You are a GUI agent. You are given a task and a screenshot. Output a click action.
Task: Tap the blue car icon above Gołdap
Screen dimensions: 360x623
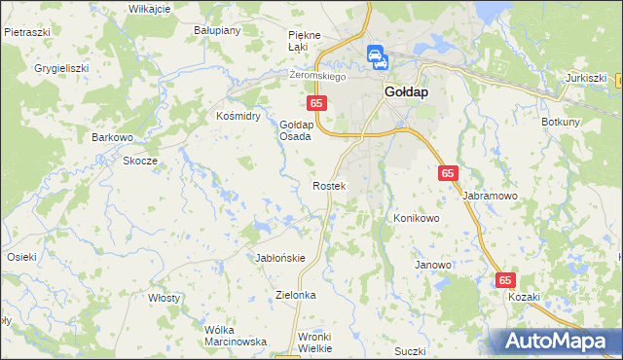tap(377, 57)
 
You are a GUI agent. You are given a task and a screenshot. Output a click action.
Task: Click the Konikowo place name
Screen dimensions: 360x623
tap(417, 219)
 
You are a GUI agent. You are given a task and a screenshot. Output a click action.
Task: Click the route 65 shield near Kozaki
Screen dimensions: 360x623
tap(505, 279)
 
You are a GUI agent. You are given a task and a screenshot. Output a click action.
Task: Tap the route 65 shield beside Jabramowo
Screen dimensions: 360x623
tap(448, 172)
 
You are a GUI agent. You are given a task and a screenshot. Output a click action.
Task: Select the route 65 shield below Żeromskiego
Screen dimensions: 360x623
tap(315, 102)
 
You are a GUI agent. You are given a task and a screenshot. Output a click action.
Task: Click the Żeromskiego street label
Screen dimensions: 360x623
tap(319, 76)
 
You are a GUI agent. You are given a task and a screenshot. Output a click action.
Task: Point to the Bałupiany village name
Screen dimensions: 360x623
tap(217, 30)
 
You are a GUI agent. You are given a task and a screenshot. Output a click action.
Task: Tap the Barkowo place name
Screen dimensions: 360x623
tap(112, 137)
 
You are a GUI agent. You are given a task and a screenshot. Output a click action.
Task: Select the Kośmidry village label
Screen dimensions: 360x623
tap(238, 115)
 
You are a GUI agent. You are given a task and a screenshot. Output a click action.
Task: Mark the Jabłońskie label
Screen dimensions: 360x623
tap(280, 258)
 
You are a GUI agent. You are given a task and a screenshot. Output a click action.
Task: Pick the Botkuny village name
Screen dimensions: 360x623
tap(561, 122)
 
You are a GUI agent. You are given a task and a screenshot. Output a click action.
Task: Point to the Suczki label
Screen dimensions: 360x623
tap(413, 349)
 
